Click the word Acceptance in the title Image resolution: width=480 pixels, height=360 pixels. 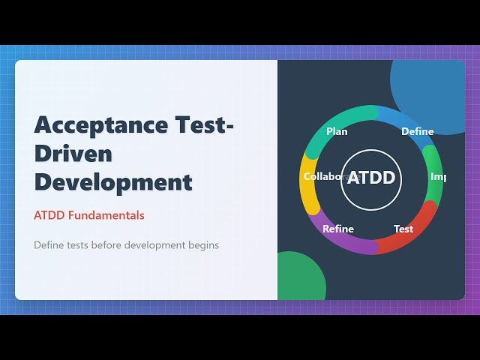89,124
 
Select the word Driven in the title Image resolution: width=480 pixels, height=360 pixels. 73,153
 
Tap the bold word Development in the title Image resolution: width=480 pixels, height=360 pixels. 113,181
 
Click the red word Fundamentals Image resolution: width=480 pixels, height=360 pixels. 106,215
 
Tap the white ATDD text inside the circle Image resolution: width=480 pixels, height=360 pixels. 370,179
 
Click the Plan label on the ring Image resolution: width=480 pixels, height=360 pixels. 337,131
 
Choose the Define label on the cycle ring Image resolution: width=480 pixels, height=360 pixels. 417,131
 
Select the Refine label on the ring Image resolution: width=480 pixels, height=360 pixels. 337,229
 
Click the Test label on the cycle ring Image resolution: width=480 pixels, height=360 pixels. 403,229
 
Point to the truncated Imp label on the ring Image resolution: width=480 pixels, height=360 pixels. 438,177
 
